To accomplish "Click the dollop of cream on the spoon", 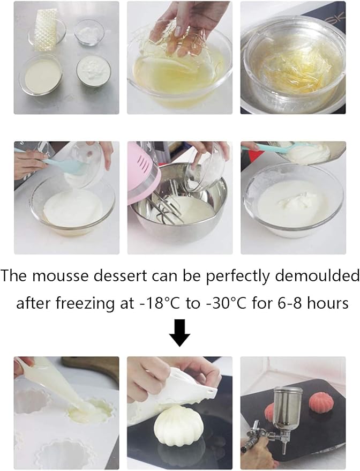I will [311, 153].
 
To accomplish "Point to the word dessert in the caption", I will [129, 276].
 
